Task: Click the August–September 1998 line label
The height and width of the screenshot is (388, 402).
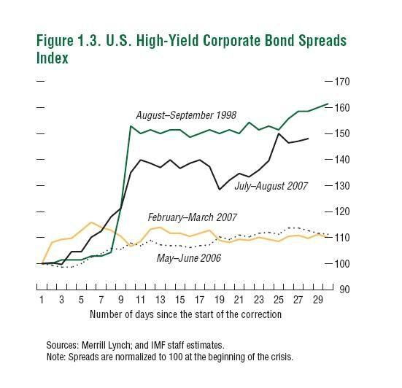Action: pyautogui.click(x=186, y=115)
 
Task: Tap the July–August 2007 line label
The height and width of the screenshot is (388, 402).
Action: pyautogui.click(x=271, y=186)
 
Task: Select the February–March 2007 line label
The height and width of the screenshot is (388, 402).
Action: pyautogui.click(x=192, y=217)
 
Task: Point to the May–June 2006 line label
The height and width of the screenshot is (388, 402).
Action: pyautogui.click(x=189, y=258)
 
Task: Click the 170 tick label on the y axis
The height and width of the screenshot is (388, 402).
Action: pyautogui.click(x=342, y=82)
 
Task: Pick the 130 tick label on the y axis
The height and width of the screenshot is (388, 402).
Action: pyautogui.click(x=342, y=186)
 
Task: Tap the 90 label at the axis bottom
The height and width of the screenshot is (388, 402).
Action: pyautogui.click(x=344, y=290)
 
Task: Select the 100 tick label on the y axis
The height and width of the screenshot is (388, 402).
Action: pyautogui.click(x=342, y=264)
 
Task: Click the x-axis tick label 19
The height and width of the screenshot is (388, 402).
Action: pyautogui.click(x=219, y=300)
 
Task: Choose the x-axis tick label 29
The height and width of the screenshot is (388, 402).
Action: pyautogui.click(x=318, y=300)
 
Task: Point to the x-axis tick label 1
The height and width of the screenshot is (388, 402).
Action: pyautogui.click(x=42, y=300)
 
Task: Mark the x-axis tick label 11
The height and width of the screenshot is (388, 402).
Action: pyautogui.click(x=140, y=300)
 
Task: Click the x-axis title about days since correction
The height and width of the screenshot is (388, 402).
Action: pyautogui.click(x=185, y=314)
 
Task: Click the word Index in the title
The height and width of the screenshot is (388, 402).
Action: pyautogui.click(x=53, y=58)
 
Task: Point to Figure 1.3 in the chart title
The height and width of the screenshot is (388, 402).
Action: pyautogui.click(x=68, y=41)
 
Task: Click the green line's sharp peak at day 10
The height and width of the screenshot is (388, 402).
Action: pyautogui.click(x=131, y=126)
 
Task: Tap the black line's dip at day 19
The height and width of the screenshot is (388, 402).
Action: pyautogui.click(x=220, y=190)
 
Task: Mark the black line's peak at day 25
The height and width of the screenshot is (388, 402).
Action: pyautogui.click(x=279, y=133)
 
